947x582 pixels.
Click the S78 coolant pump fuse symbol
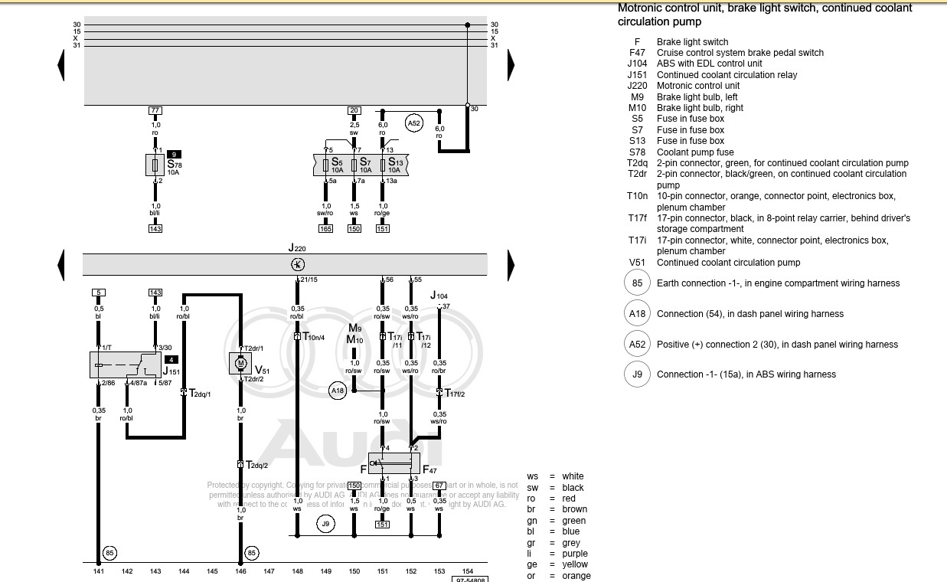coord(155,165)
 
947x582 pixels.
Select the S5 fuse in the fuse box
coord(326,165)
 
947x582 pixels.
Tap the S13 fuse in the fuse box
coord(383,165)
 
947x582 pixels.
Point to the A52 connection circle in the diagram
coord(414,123)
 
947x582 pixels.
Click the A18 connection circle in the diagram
coord(338,391)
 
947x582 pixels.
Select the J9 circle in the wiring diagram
coord(326,524)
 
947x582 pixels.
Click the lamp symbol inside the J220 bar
coord(298,264)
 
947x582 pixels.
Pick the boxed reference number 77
coord(155,111)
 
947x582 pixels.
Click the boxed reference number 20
coord(354,111)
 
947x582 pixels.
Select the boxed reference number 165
coord(326,228)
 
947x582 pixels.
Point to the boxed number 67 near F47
coord(439,486)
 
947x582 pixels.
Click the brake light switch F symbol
coord(383,463)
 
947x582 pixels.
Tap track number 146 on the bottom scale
coord(240,571)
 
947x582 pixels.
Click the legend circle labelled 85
coord(637,283)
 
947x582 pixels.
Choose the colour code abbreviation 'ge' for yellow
coord(532,564)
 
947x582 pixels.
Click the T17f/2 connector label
coord(454,394)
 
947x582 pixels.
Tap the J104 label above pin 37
coord(439,296)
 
